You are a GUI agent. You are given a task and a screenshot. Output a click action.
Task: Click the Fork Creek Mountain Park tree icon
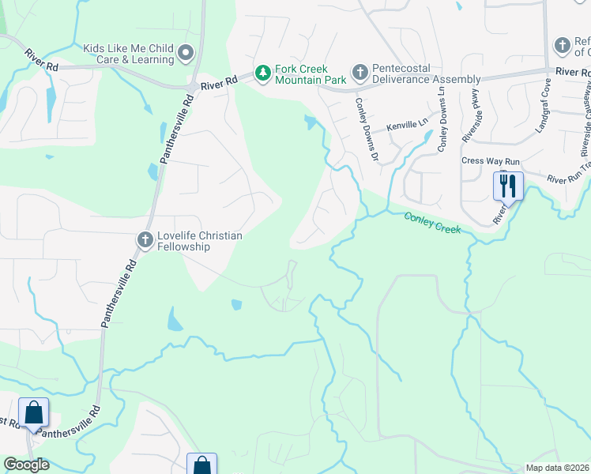coord(262,74)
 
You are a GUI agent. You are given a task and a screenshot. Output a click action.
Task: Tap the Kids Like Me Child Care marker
coord(186,54)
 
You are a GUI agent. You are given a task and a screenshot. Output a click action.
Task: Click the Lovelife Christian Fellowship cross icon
coord(145,239)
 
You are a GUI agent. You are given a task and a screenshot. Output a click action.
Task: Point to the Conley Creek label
coord(432,223)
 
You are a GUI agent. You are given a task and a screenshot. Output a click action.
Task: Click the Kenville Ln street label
coord(407,126)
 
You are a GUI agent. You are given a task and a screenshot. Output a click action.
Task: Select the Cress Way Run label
coord(491,161)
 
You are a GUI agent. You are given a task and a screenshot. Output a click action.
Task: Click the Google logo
coord(26,465)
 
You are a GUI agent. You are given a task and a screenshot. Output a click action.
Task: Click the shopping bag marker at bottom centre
coord(201,465)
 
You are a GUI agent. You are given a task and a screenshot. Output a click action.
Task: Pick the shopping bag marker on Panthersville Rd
coord(33,413)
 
